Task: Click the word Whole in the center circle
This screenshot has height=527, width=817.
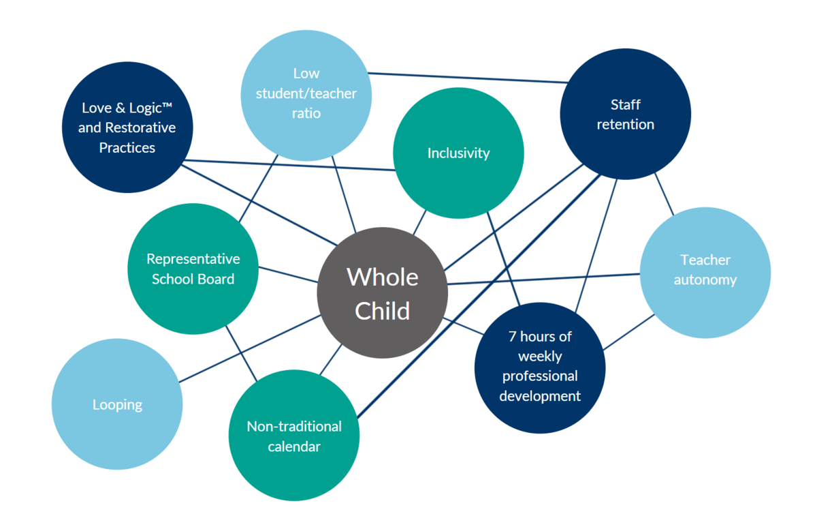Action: [x=382, y=277]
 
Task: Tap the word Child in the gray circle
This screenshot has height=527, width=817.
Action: [x=382, y=311]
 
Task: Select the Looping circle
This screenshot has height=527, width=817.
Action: [x=117, y=404]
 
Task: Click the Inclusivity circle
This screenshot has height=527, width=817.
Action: [x=458, y=153]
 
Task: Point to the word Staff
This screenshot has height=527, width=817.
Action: [x=626, y=104]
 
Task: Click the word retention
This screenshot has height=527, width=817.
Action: [x=626, y=125]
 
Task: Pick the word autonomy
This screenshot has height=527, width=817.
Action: [x=705, y=280]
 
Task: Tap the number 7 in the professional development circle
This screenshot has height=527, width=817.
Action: [x=513, y=336]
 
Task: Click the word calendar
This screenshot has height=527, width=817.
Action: [x=294, y=447]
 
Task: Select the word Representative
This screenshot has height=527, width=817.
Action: [x=193, y=259]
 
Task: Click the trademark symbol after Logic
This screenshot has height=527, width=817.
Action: [x=167, y=105]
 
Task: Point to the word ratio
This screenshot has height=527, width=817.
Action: [x=306, y=113]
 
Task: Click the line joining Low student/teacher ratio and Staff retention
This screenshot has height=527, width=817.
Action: [x=468, y=78]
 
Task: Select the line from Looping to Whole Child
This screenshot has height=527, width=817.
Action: [x=249, y=349]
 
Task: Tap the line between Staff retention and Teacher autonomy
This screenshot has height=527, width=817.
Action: [x=664, y=194]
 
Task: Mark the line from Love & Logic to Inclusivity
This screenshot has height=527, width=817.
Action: [x=289, y=165]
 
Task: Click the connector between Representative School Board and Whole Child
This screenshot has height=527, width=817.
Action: [x=288, y=275]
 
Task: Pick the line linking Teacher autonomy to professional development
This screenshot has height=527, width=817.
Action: [x=629, y=332]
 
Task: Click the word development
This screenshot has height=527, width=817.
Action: [x=540, y=396]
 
